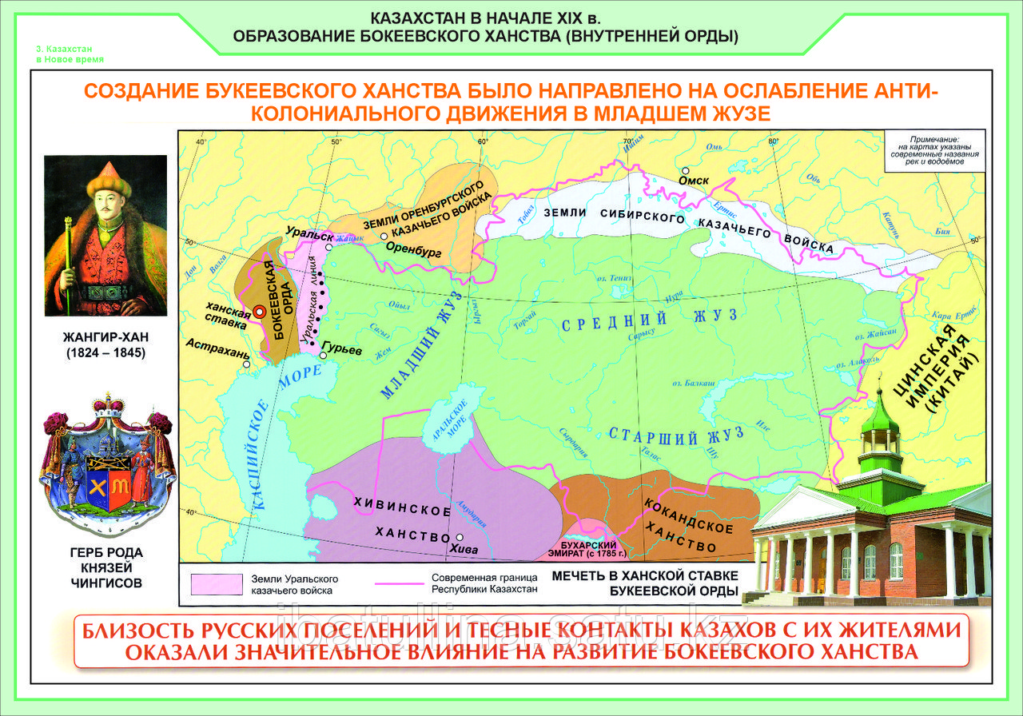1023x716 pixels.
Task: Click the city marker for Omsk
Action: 685,170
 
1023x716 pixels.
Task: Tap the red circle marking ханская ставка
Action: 259,314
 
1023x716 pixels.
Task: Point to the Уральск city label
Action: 304,234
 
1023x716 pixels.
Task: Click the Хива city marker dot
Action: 460,538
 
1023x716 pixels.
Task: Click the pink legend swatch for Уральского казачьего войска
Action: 216,584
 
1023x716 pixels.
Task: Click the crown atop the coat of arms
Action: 107,400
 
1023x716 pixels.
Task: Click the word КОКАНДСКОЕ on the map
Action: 688,516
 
